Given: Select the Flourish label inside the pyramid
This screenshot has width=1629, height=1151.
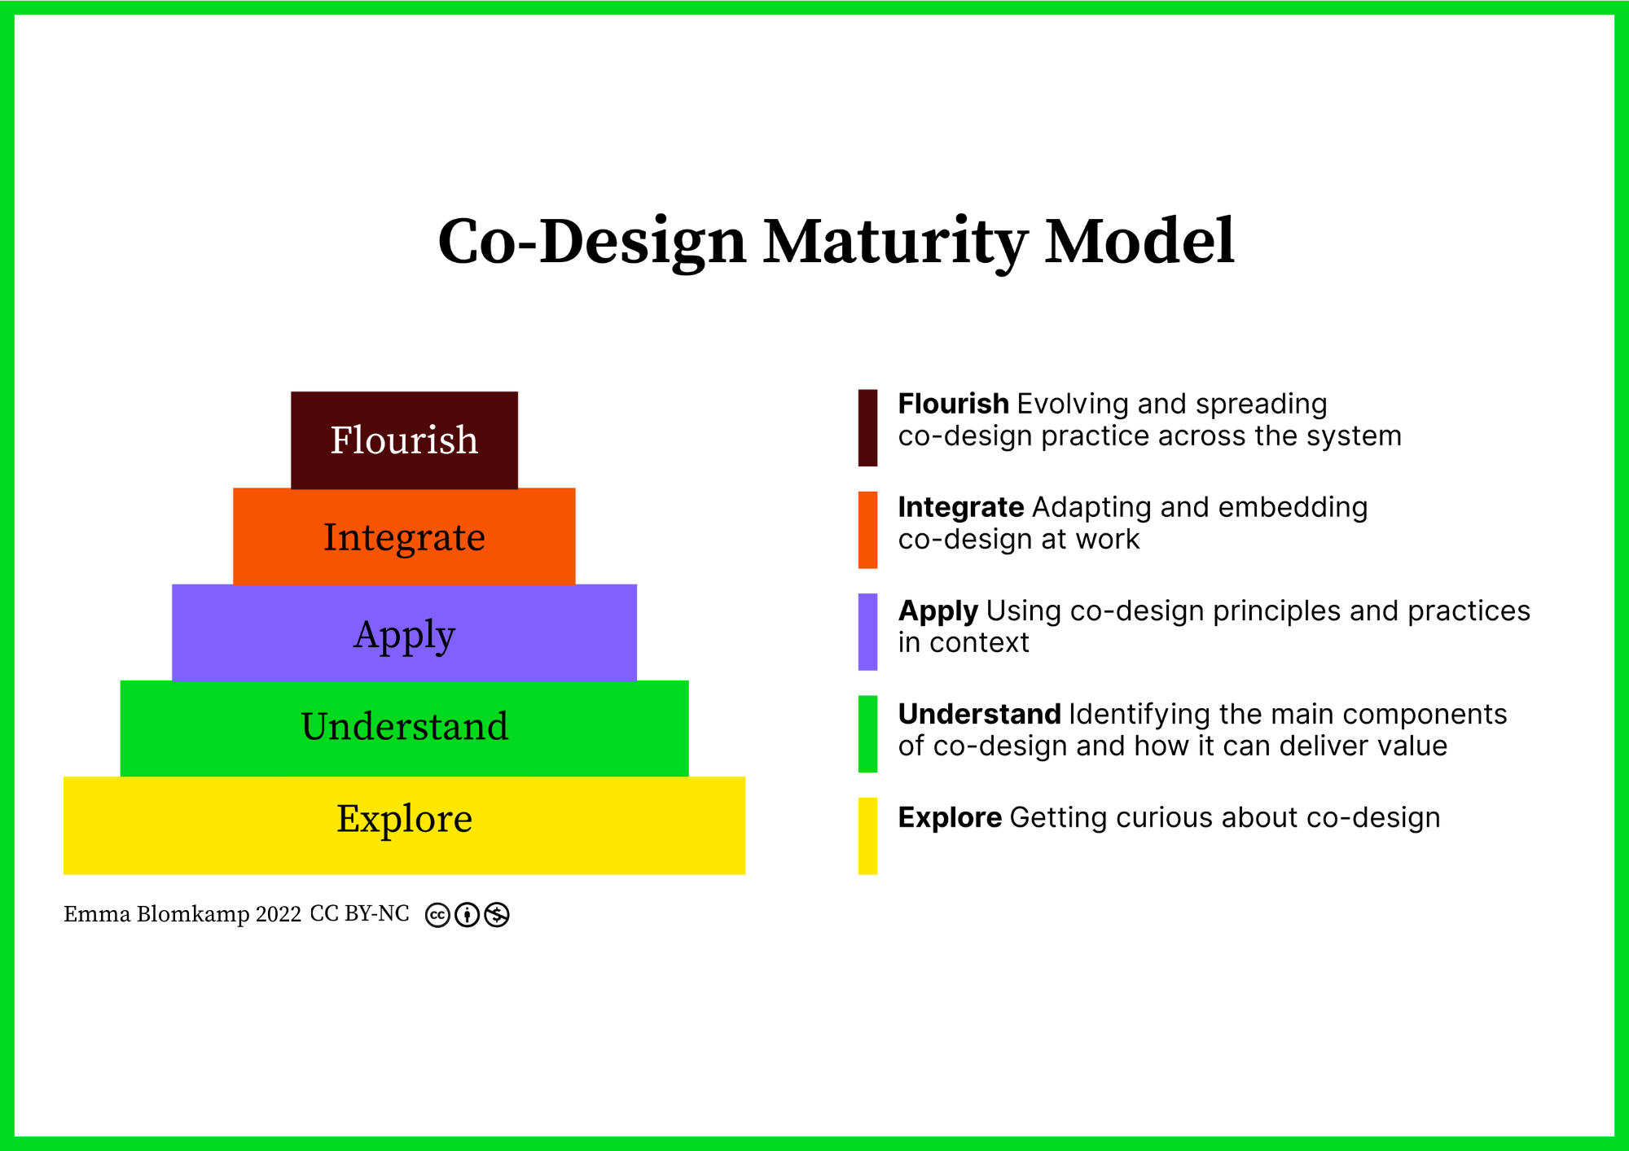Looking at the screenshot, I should click(404, 440).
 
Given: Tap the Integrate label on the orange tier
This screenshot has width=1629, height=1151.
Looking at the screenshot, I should click(404, 537).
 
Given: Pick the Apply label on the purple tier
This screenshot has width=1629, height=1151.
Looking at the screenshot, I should click(404, 635).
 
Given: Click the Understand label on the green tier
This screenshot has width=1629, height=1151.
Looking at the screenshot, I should click(404, 726).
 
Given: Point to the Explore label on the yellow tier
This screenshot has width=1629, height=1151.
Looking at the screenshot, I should click(404, 819).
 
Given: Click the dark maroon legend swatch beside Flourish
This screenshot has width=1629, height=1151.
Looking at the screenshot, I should click(867, 427).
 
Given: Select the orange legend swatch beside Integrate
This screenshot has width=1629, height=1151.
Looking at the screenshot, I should click(867, 529).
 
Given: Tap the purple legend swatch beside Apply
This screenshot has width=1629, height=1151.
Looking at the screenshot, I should click(867, 632).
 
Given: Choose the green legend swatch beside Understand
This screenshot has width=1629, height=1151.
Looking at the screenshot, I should click(867, 733).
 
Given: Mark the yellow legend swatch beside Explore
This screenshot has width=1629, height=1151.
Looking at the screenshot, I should click(867, 836).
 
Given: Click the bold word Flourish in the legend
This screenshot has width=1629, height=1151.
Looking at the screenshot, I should click(953, 404).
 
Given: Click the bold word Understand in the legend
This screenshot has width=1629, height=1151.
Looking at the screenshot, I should click(979, 714).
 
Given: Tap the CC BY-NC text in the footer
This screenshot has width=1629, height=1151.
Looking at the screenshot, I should click(359, 913).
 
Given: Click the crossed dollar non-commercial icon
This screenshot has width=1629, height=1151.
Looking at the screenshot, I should click(497, 915).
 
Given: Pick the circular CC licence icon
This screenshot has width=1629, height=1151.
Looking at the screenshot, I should click(437, 915).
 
